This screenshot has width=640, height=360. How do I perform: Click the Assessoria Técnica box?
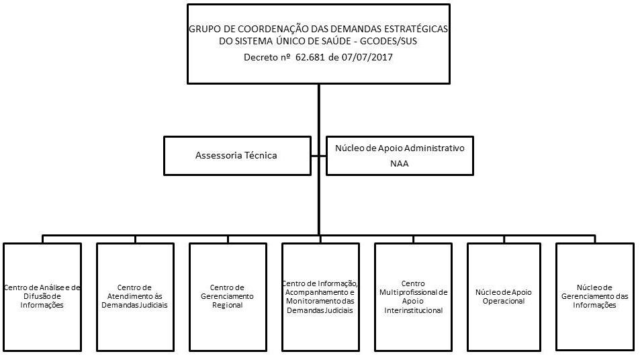pos(236,156)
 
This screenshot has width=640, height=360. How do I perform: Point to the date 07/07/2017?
pos(367,58)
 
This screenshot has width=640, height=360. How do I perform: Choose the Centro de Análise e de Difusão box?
pos(42,296)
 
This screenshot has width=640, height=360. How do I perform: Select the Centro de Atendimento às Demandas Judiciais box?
pos(134,296)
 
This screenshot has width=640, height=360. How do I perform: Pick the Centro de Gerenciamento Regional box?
pos(227,296)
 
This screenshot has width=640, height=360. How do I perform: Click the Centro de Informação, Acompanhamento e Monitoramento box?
pos(320,296)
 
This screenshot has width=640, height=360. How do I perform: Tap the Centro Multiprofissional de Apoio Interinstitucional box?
pos(413,296)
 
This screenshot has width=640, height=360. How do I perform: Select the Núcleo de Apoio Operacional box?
pos(504,296)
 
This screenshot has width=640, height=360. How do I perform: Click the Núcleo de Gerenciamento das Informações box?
pos(595,296)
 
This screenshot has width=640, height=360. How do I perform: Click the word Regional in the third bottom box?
pos(227,305)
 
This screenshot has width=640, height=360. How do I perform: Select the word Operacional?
pos(504,301)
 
